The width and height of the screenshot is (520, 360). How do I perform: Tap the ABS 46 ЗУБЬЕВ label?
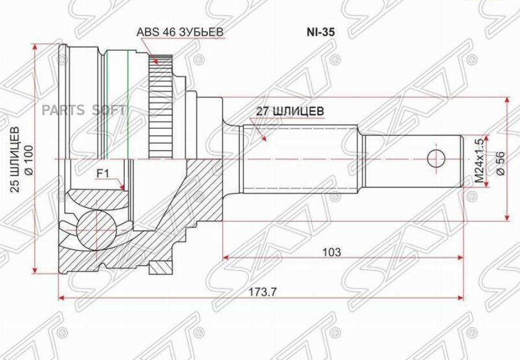[x=179, y=32]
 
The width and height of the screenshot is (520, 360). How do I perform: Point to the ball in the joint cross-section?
[x=93, y=227]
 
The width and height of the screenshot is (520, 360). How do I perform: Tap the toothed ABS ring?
[x=158, y=110]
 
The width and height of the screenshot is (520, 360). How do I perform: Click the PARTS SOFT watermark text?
[x=84, y=110]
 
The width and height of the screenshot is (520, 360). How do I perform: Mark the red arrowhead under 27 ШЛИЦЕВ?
[x=263, y=139]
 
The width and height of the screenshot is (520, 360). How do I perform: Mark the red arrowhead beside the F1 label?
[x=122, y=187]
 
